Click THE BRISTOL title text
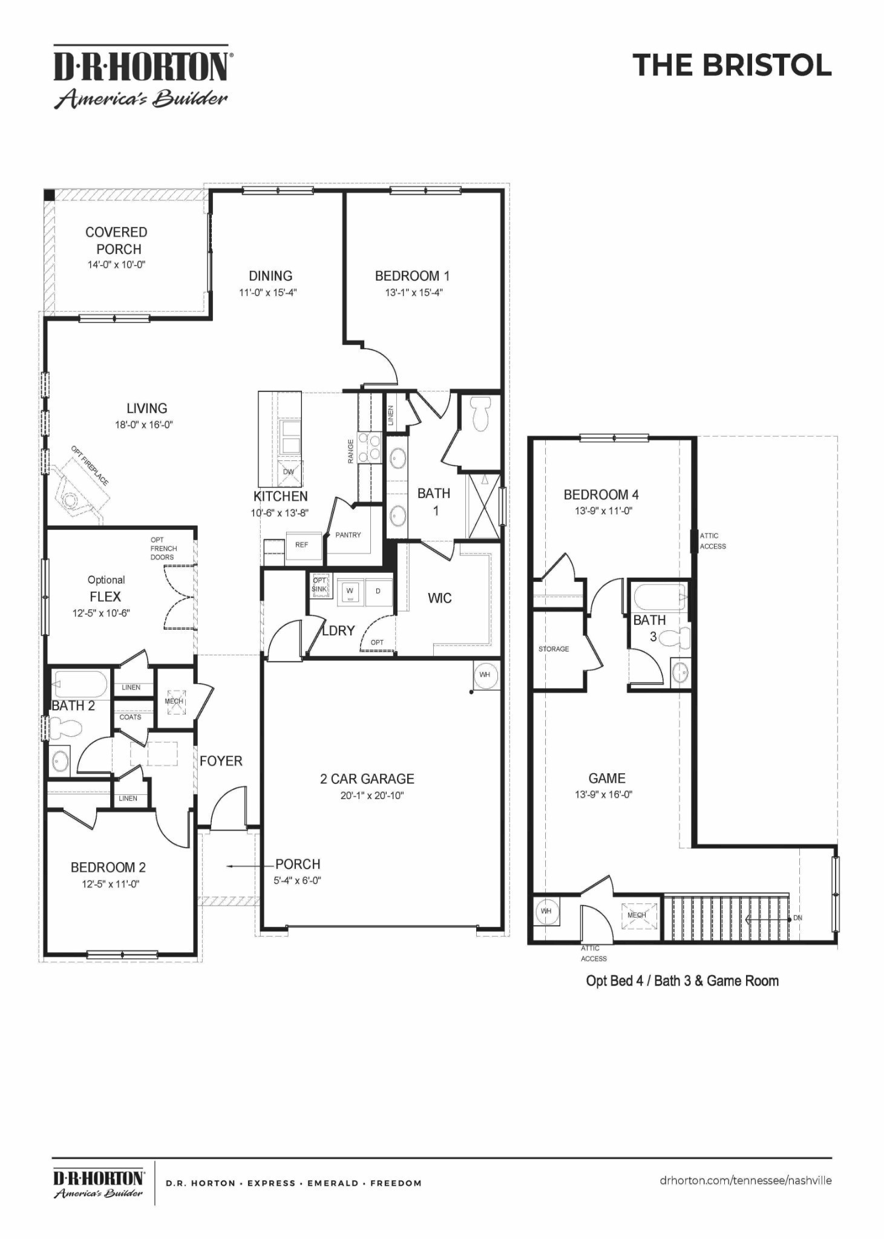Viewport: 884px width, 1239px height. pos(732,65)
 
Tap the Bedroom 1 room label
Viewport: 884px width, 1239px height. pos(412,276)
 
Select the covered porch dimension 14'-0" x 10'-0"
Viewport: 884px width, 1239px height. pos(116,264)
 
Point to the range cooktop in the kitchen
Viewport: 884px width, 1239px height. pos(370,446)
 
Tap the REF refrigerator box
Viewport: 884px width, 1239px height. pos(301,544)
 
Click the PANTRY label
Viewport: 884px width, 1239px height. pos(348,535)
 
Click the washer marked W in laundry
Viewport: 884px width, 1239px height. pos(350,591)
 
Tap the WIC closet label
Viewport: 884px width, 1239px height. pos(439,598)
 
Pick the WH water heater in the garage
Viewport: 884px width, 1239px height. pos(485,675)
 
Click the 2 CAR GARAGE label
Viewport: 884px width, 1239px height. pos(367,779)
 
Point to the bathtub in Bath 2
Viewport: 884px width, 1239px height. pos(80,685)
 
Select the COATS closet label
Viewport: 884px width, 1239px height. pos(130,717)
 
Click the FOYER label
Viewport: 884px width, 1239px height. pos(221,761)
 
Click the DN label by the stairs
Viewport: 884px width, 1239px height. pos(797,918)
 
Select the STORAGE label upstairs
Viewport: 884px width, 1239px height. pos(554,649)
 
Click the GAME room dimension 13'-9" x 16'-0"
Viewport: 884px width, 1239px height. pos(603,794)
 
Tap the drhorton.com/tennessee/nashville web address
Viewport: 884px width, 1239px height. pos(745,1180)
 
